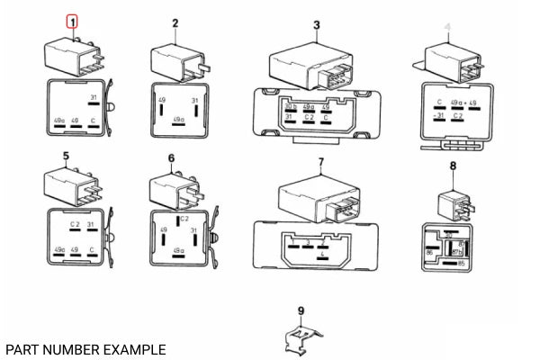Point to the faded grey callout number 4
click(x=447, y=28)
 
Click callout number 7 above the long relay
click(x=319, y=162)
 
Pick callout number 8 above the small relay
click(x=453, y=166)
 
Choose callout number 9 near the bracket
click(x=301, y=310)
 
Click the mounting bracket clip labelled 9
click(x=300, y=341)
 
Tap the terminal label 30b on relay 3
click(x=291, y=106)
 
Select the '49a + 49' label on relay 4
click(x=462, y=103)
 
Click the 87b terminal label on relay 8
click(x=458, y=253)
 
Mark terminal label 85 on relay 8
click(x=460, y=264)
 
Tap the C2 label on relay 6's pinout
click(x=184, y=219)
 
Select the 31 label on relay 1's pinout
click(x=93, y=97)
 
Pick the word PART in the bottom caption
click(x=22, y=348)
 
